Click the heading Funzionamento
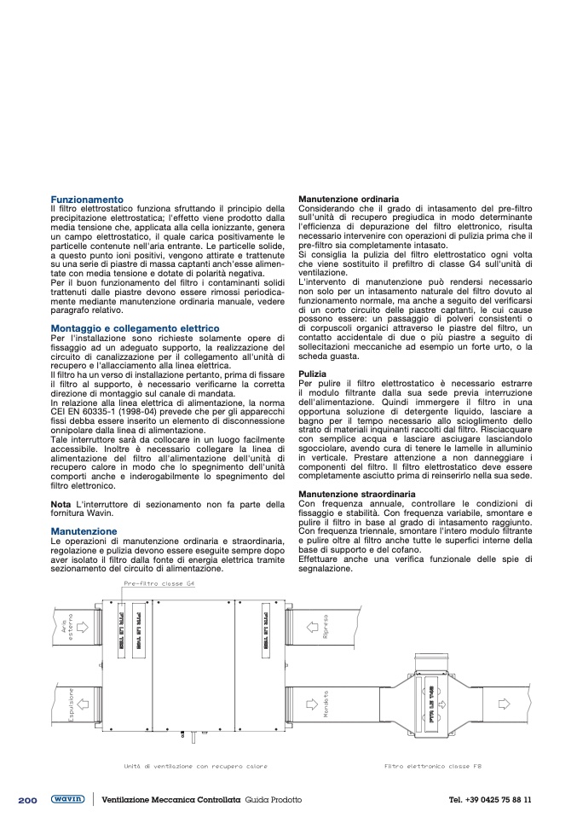tap(87, 199)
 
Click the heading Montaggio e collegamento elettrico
tap(135, 328)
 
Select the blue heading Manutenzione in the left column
tap(84, 530)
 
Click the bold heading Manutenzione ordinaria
tap(349, 199)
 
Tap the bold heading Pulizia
tap(312, 374)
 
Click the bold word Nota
tap(61, 504)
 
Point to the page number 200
tap(26, 799)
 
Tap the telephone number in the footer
tap(490, 800)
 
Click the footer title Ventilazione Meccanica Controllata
tap(171, 800)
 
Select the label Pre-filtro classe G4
tap(159, 584)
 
